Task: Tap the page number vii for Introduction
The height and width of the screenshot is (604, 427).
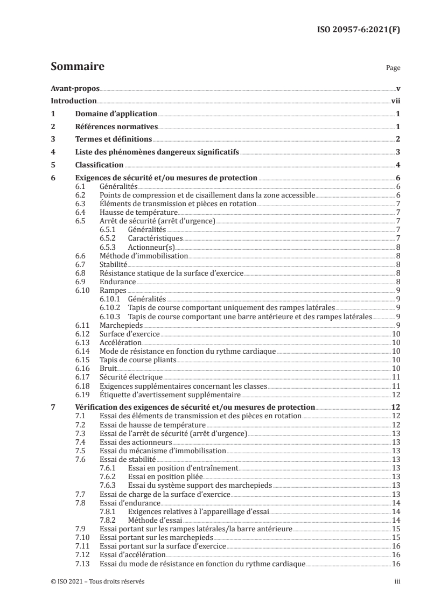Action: tap(395, 101)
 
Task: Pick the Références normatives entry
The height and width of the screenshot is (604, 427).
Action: tap(116, 127)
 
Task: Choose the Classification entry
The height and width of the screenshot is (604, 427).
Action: tap(99, 165)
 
